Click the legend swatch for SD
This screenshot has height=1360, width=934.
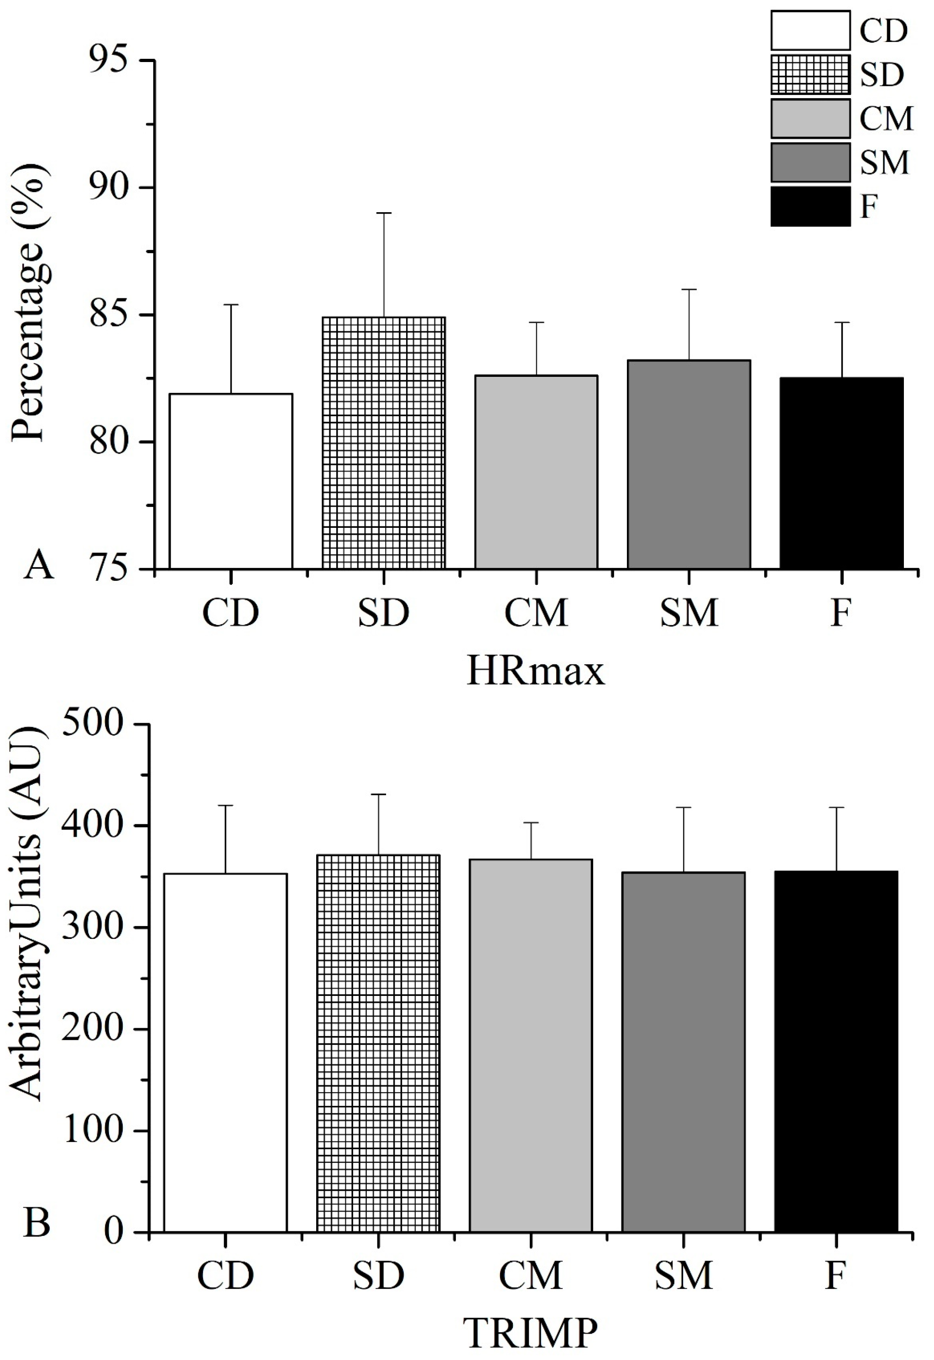(x=810, y=75)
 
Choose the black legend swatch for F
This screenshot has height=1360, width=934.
(x=810, y=207)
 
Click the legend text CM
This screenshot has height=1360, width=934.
(x=886, y=119)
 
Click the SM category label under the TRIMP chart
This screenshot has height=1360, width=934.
(x=684, y=1275)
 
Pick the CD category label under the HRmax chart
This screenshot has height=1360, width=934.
(x=230, y=613)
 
